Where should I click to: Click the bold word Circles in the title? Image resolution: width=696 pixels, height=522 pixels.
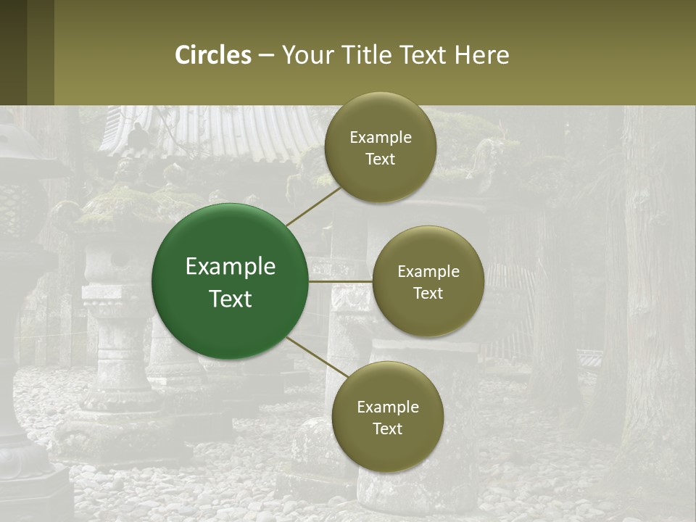coord(213,55)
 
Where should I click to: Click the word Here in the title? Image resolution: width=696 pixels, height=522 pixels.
coord(481,55)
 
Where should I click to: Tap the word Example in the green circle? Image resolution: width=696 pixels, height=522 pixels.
coord(231,267)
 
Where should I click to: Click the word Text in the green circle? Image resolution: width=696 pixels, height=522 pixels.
coord(231,299)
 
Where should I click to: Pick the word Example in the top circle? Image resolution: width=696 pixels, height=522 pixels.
coord(381,138)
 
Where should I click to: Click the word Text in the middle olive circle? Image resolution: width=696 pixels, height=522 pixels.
coord(428,294)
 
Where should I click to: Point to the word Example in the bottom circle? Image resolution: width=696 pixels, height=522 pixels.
coord(388,407)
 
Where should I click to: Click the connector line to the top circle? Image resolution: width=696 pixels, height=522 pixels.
coord(313,206)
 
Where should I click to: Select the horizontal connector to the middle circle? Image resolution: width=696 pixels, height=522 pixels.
coord(340,281)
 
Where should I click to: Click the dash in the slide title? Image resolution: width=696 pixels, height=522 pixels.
coord(265,55)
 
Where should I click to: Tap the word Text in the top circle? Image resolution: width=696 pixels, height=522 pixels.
coord(380,159)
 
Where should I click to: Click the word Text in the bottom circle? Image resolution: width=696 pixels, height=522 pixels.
coord(387,429)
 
